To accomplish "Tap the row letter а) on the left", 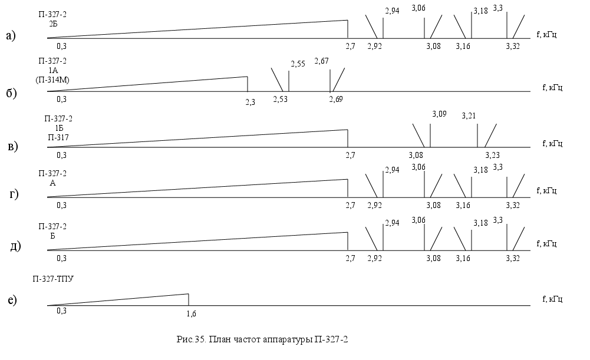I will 11,36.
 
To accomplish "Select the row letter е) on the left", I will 11,300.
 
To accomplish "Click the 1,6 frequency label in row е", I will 191,313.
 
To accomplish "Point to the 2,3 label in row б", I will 250,101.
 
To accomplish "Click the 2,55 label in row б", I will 298,64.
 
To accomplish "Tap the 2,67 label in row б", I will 322,61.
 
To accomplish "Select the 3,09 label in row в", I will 440,114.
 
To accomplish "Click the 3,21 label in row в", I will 469,115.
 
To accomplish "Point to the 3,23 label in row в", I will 492,155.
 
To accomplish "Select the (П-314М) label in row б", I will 53,79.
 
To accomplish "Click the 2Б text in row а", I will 53,24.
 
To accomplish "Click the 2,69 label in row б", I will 336,98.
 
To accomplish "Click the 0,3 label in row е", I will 61,311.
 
